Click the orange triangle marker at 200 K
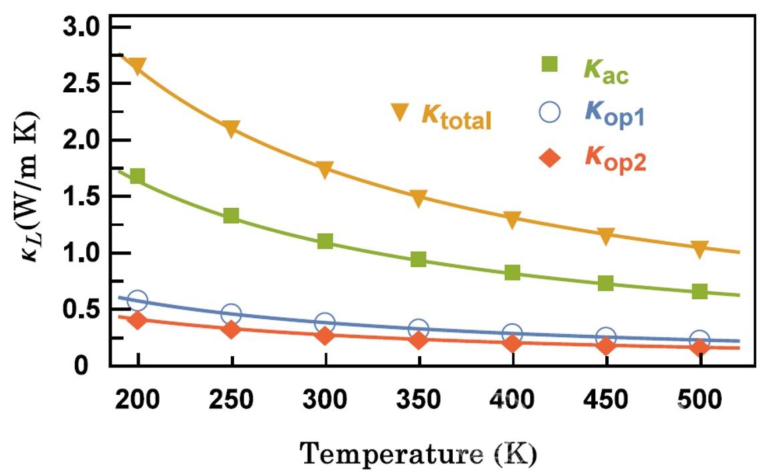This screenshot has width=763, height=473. coord(138,66)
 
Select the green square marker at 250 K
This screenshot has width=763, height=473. coord(231,215)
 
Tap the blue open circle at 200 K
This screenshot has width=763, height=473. coord(138,300)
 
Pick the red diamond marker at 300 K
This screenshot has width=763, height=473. coord(325,335)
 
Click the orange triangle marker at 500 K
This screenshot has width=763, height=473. coord(699,249)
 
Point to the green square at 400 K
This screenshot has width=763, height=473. coord(512,273)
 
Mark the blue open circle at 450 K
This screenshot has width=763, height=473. coord(606,337)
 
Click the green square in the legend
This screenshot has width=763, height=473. coord(549,65)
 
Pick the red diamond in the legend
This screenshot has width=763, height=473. coord(549,158)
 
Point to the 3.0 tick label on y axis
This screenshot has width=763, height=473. coord(80,27)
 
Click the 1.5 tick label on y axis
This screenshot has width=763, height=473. coord(80,197)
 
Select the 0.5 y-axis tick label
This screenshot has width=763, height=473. coord(80,310)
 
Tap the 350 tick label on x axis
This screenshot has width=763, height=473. coord(419,400)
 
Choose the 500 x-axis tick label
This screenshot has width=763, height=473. coord(699,400)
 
